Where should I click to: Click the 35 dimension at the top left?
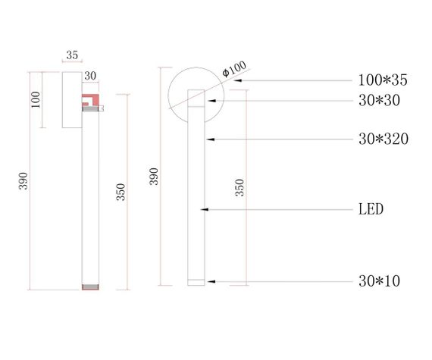point(72,55)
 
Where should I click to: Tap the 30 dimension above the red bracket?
point(91,76)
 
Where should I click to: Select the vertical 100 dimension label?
point(36,100)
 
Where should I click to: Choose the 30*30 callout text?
point(379,100)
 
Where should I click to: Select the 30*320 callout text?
point(383,139)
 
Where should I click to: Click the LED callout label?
point(371,208)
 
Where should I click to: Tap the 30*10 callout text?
point(379,281)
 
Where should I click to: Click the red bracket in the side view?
point(89,99)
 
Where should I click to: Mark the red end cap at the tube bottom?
point(90,287)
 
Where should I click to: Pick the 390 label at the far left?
point(23,181)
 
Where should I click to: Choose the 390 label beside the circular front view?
point(155,177)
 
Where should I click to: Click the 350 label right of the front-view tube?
point(240,188)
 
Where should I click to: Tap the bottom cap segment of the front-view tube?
point(196,282)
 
